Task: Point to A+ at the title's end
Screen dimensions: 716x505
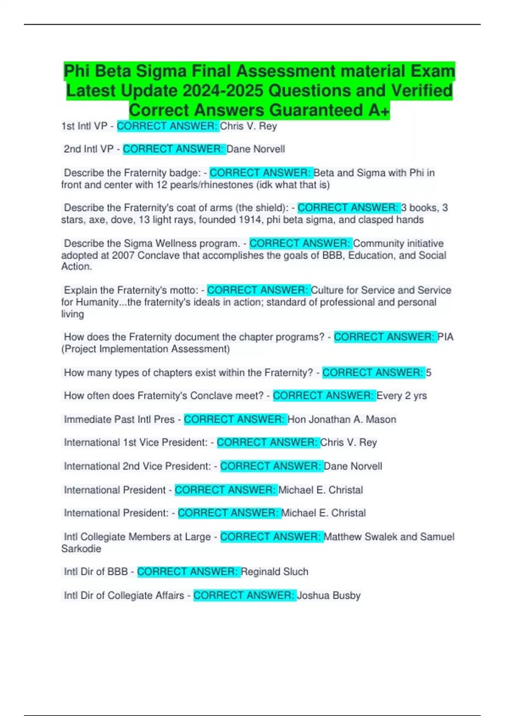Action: pos(378,110)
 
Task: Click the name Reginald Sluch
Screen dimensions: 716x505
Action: pos(274,572)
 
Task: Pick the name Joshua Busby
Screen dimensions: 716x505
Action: pos(329,596)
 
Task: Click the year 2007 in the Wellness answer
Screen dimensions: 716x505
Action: pos(123,255)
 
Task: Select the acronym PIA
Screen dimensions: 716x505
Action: pos(446,337)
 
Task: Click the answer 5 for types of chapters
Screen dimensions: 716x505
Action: pos(428,373)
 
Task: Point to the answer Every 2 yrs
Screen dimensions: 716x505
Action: pos(401,396)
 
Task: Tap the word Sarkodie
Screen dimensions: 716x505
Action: pos(81,549)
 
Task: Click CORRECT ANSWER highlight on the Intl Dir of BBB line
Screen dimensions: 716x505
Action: pos(188,572)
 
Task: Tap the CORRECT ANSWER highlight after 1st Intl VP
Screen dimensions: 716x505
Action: pos(167,126)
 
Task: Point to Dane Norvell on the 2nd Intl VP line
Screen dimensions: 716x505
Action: pos(255,149)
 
